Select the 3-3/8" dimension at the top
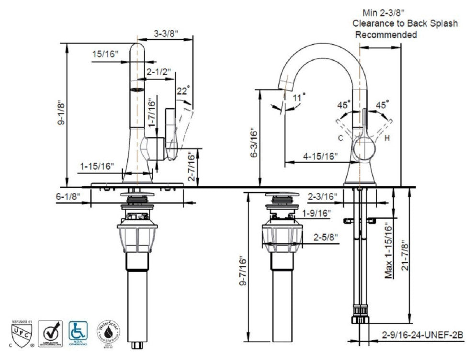coord(166,34)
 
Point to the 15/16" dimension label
coord(105,54)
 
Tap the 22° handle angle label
coord(183,90)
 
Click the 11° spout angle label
coord(298,98)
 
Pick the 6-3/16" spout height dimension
coord(254,142)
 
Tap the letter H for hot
coord(386,139)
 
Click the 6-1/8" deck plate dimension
coord(68,196)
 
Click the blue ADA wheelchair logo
coord(78,331)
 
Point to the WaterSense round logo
coord(109,331)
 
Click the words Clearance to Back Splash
coord(405,23)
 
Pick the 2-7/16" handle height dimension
coord(191,167)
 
